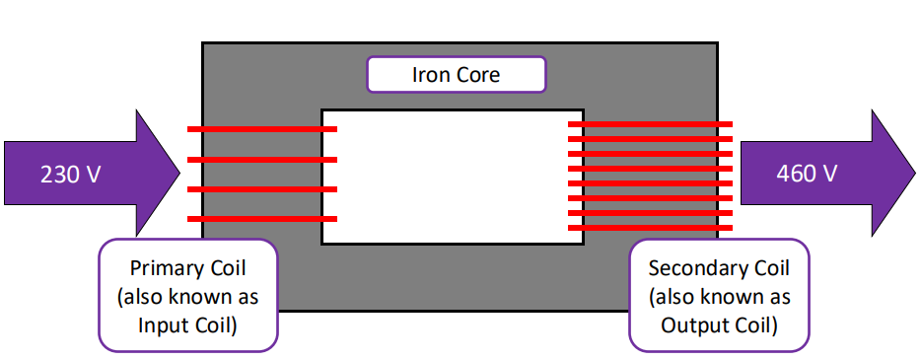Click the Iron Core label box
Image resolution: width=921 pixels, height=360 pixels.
(456, 75)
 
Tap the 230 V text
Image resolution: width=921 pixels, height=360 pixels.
(70, 174)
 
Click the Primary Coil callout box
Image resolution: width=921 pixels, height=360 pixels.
(188, 295)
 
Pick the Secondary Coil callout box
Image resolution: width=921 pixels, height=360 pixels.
(719, 295)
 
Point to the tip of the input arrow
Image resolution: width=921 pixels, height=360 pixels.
(180, 174)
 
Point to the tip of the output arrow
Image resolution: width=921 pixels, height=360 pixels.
(914, 174)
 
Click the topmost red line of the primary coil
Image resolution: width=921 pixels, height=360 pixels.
(262, 129)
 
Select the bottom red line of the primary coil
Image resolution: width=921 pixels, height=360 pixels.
(262, 219)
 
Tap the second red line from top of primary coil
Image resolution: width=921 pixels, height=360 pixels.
(262, 159)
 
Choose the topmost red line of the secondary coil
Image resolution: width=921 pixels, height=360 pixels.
(650, 124)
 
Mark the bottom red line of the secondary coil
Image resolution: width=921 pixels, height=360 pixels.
(650, 228)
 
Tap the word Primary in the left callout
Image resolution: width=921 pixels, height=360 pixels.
(165, 268)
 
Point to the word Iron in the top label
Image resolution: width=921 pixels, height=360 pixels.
(429, 75)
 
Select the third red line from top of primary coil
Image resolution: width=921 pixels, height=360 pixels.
(262, 188)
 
